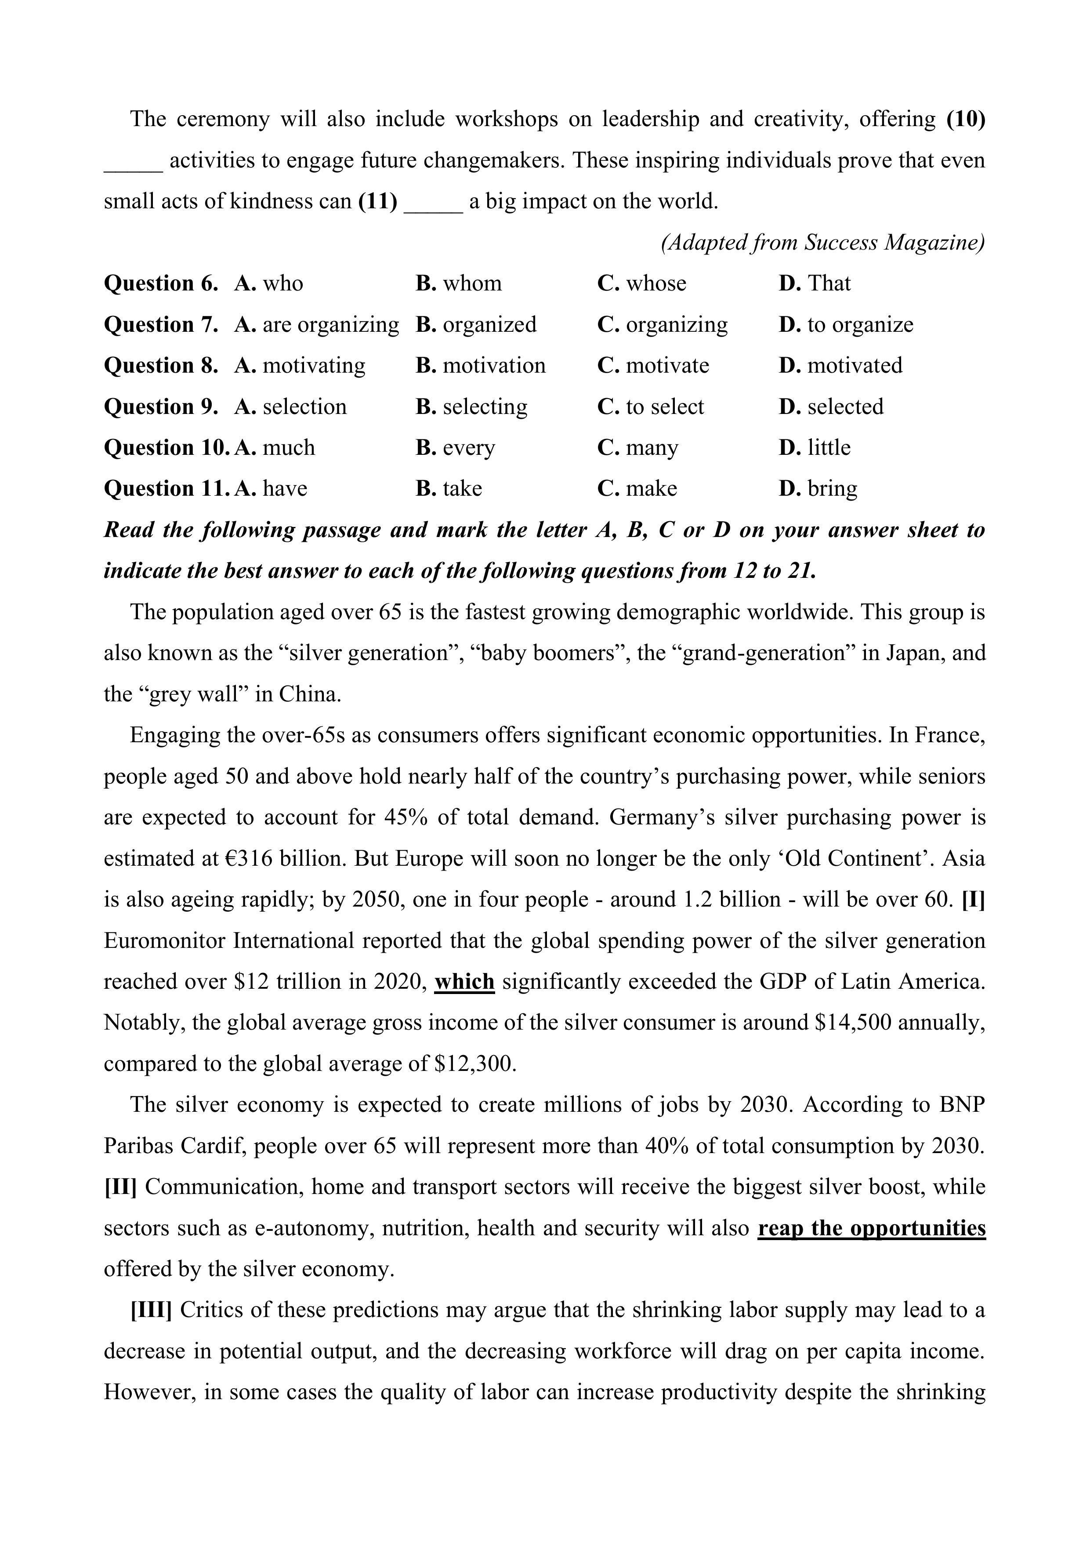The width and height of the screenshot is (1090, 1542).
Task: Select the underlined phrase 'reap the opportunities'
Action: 871,1228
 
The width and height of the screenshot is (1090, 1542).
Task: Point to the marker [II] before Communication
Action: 120,1187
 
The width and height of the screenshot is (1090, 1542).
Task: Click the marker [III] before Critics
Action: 151,1310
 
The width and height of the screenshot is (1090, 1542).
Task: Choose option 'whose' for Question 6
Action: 655,283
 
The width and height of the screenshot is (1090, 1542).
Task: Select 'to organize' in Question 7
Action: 860,324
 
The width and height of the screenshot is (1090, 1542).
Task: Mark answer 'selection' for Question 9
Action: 304,407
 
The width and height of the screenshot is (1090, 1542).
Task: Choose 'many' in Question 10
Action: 652,448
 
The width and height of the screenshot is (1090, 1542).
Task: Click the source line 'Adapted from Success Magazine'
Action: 823,243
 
